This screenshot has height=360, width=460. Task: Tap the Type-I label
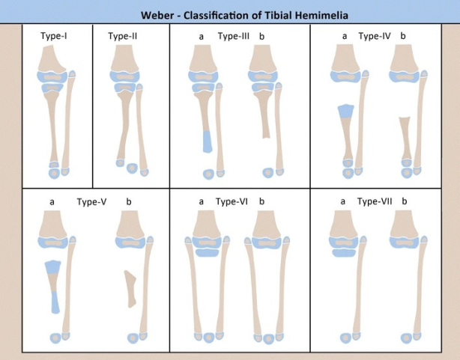click(54, 36)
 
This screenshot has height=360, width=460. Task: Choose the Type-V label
click(91, 201)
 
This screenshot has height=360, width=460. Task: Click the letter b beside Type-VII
click(405, 201)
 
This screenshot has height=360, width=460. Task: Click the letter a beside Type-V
click(52, 201)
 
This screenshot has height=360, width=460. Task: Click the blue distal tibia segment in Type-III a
click(207, 141)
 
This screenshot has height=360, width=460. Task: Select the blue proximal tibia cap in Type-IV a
click(345, 112)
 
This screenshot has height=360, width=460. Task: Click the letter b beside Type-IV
click(403, 36)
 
